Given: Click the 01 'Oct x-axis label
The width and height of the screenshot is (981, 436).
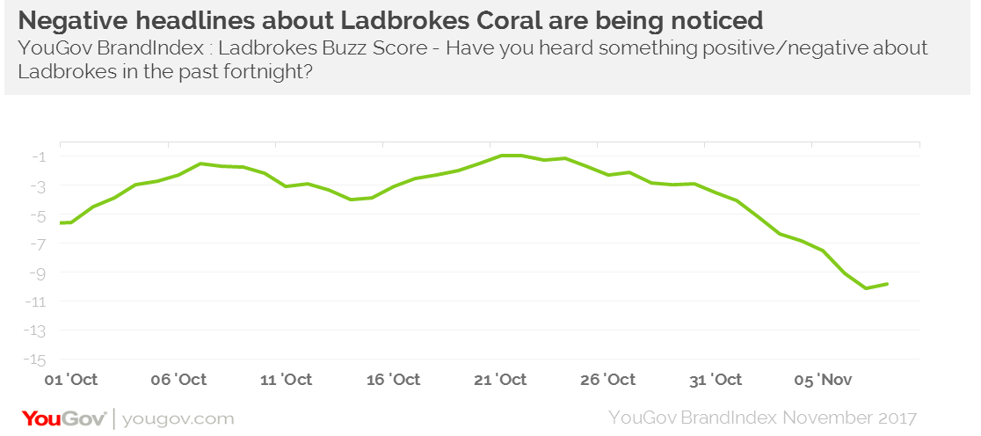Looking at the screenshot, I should tap(71, 380).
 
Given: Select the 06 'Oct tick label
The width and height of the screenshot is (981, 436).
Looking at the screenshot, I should tap(179, 380).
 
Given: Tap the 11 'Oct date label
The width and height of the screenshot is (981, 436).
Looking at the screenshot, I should tap(286, 380).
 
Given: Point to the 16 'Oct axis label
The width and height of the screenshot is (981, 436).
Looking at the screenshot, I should tap(393, 380).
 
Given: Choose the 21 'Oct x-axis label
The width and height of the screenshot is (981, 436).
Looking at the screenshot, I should tap(500, 380).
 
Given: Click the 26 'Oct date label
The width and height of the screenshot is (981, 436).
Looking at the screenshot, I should tap(608, 380).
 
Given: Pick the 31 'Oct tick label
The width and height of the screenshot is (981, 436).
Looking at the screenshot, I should tap(715, 380).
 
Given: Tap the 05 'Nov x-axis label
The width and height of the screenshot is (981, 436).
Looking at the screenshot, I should tap(823, 380).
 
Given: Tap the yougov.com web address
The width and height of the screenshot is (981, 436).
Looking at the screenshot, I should tap(178, 417).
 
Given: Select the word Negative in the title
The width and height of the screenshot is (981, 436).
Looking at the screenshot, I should tap(71, 18).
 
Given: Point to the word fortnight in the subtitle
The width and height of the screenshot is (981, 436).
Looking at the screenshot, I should tap(266, 74).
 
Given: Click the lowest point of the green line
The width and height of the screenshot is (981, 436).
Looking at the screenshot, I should tap(866, 288).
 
